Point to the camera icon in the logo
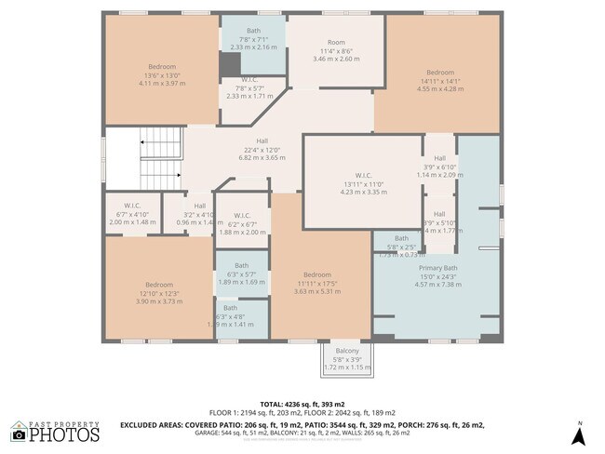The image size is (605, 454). [x=18, y=434]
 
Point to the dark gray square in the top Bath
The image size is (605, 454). [x=230, y=64]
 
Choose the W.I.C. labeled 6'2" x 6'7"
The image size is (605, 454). [x=242, y=223]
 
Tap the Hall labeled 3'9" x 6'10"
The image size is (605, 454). [x=439, y=166]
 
